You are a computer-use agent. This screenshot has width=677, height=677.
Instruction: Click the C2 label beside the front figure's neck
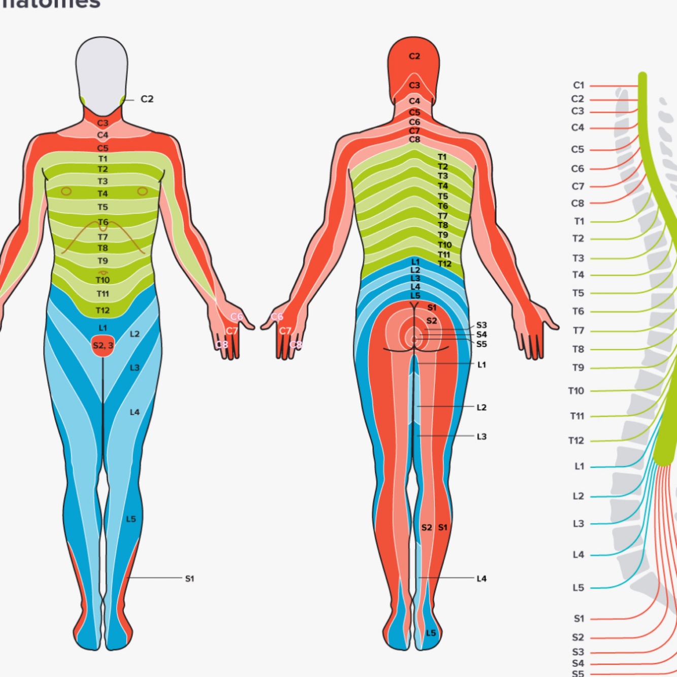point(147,99)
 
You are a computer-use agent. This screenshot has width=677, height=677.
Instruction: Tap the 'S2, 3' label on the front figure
point(103,346)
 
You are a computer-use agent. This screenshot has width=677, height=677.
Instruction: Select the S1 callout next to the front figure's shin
point(189,579)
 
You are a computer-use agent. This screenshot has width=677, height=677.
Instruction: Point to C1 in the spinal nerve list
point(579,85)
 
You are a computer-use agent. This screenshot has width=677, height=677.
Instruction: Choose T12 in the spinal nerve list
point(576,441)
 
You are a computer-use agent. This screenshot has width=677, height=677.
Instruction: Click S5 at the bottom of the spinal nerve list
point(578,673)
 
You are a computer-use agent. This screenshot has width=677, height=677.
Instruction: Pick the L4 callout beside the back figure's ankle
point(481,579)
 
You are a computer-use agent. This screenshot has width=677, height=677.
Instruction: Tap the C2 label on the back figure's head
point(415,56)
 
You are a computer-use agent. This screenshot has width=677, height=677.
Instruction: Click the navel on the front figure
point(103,273)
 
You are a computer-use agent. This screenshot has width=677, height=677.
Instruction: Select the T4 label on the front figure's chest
point(103,194)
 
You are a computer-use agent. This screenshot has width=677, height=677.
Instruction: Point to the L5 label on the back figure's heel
point(431,633)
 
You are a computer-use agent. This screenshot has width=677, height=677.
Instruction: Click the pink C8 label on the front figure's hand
point(222,345)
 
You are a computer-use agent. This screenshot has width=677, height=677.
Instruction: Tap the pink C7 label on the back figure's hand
point(285,331)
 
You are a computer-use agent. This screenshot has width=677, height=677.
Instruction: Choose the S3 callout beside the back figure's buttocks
point(481,325)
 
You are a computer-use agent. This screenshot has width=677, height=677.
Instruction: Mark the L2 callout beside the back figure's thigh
point(481,408)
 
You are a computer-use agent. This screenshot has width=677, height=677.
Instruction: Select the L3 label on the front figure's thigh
point(134,367)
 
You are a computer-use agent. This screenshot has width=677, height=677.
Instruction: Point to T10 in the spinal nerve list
point(576,391)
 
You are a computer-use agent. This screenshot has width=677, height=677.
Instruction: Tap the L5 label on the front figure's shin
point(131,519)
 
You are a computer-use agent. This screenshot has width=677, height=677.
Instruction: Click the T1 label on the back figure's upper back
point(442,157)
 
